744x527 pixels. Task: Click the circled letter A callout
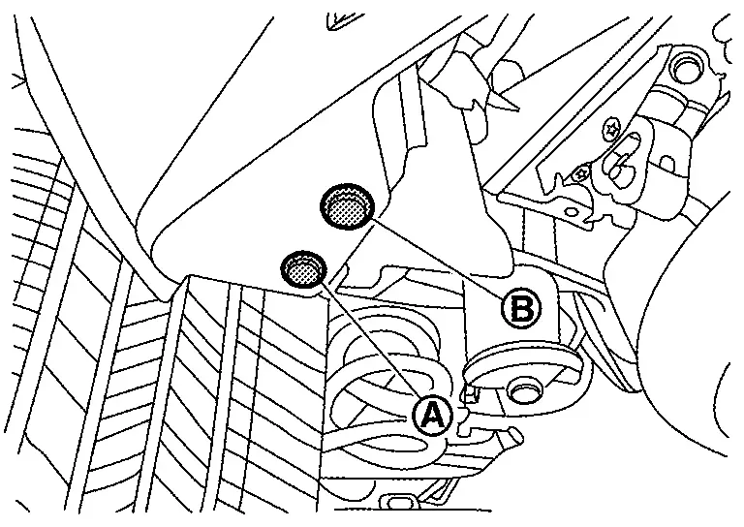[x=432, y=416]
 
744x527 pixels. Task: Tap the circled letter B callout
[x=520, y=309]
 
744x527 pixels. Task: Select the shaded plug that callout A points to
[x=303, y=269]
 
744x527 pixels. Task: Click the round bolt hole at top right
[x=686, y=70]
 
